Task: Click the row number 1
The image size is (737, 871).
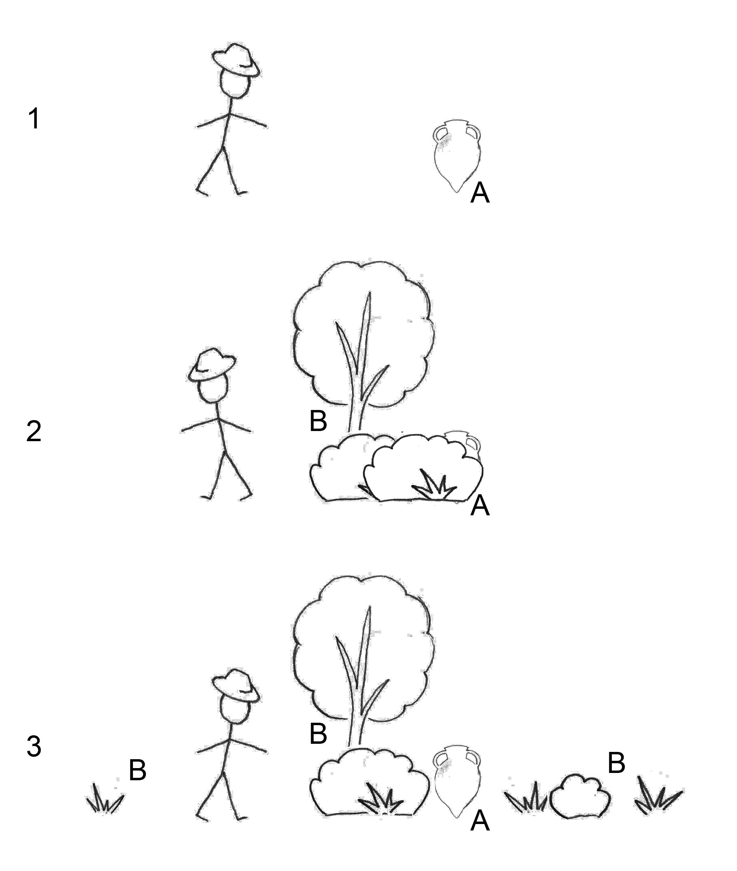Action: click(x=34, y=119)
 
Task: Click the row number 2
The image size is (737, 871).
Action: click(x=34, y=431)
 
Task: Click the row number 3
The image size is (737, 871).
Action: click(x=34, y=746)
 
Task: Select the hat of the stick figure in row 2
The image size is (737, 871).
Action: click(x=211, y=364)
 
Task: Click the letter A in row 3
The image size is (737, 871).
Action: click(x=480, y=821)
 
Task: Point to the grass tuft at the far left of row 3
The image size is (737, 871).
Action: click(x=105, y=799)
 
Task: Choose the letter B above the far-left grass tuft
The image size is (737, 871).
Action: click(x=137, y=770)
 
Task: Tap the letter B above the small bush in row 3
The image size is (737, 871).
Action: click(x=616, y=763)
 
